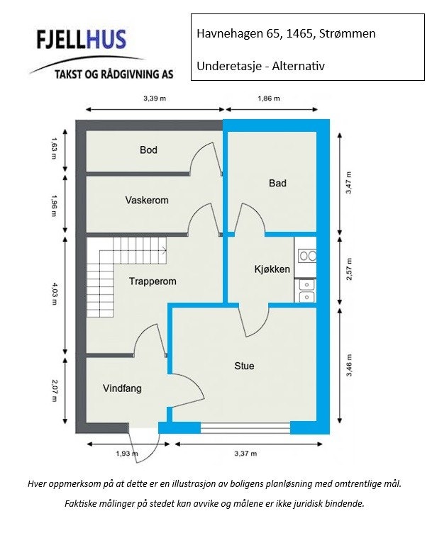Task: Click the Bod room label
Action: [148, 150]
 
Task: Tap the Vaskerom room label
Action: [147, 200]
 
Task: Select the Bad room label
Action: [277, 183]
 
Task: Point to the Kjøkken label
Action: [272, 269]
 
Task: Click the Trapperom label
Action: [153, 281]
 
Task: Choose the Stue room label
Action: [244, 366]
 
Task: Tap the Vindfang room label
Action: [122, 388]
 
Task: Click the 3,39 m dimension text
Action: [155, 99]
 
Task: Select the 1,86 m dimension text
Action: [269, 99]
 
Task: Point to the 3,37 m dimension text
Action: [245, 453]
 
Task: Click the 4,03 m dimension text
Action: [54, 294]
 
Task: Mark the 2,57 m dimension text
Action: [348, 269]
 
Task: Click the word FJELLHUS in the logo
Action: [81, 40]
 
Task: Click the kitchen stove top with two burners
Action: [307, 256]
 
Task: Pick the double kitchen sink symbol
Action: [307, 291]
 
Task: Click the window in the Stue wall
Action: [245, 428]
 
